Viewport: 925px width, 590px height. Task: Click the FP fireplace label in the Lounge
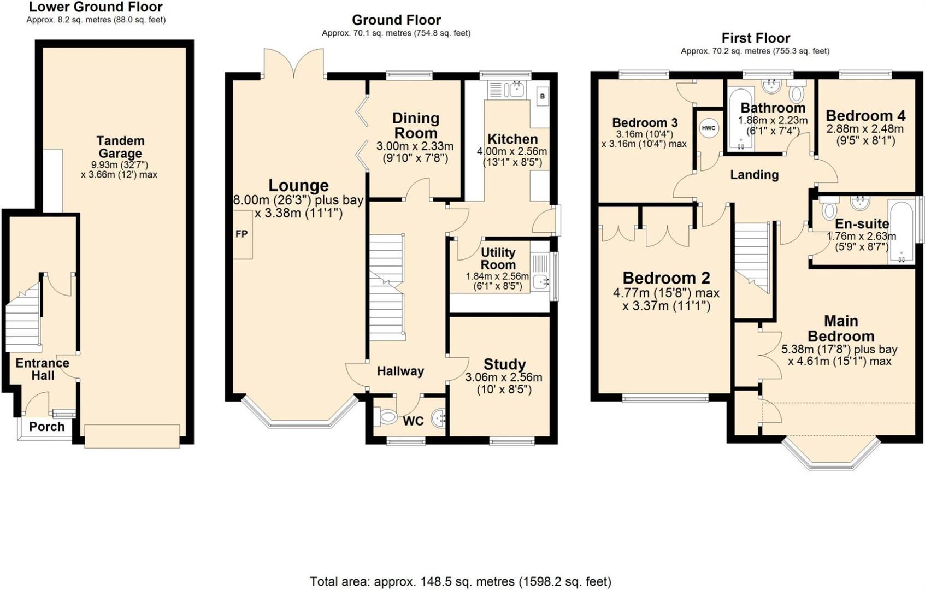241,234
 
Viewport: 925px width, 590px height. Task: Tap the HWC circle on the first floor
709,128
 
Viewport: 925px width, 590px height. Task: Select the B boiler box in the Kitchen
542,97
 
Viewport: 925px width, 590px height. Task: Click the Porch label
46,427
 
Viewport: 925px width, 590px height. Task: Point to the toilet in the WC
387,418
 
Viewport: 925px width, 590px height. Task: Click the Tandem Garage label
120,147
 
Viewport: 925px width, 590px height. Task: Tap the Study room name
504,364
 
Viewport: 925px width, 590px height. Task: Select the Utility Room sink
540,281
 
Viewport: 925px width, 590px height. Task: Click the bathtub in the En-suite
900,232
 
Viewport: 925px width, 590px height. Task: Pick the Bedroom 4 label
865,116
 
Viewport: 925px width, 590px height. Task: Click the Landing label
754,175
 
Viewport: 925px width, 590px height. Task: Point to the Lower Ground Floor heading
96,7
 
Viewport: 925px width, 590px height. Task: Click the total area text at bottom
460,581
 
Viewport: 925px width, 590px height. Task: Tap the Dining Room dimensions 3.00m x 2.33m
415,146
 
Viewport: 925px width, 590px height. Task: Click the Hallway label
400,371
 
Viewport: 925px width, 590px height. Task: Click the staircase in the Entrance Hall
23,320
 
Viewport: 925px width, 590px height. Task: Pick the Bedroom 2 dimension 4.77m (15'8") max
666,293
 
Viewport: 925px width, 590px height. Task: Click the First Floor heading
756,38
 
